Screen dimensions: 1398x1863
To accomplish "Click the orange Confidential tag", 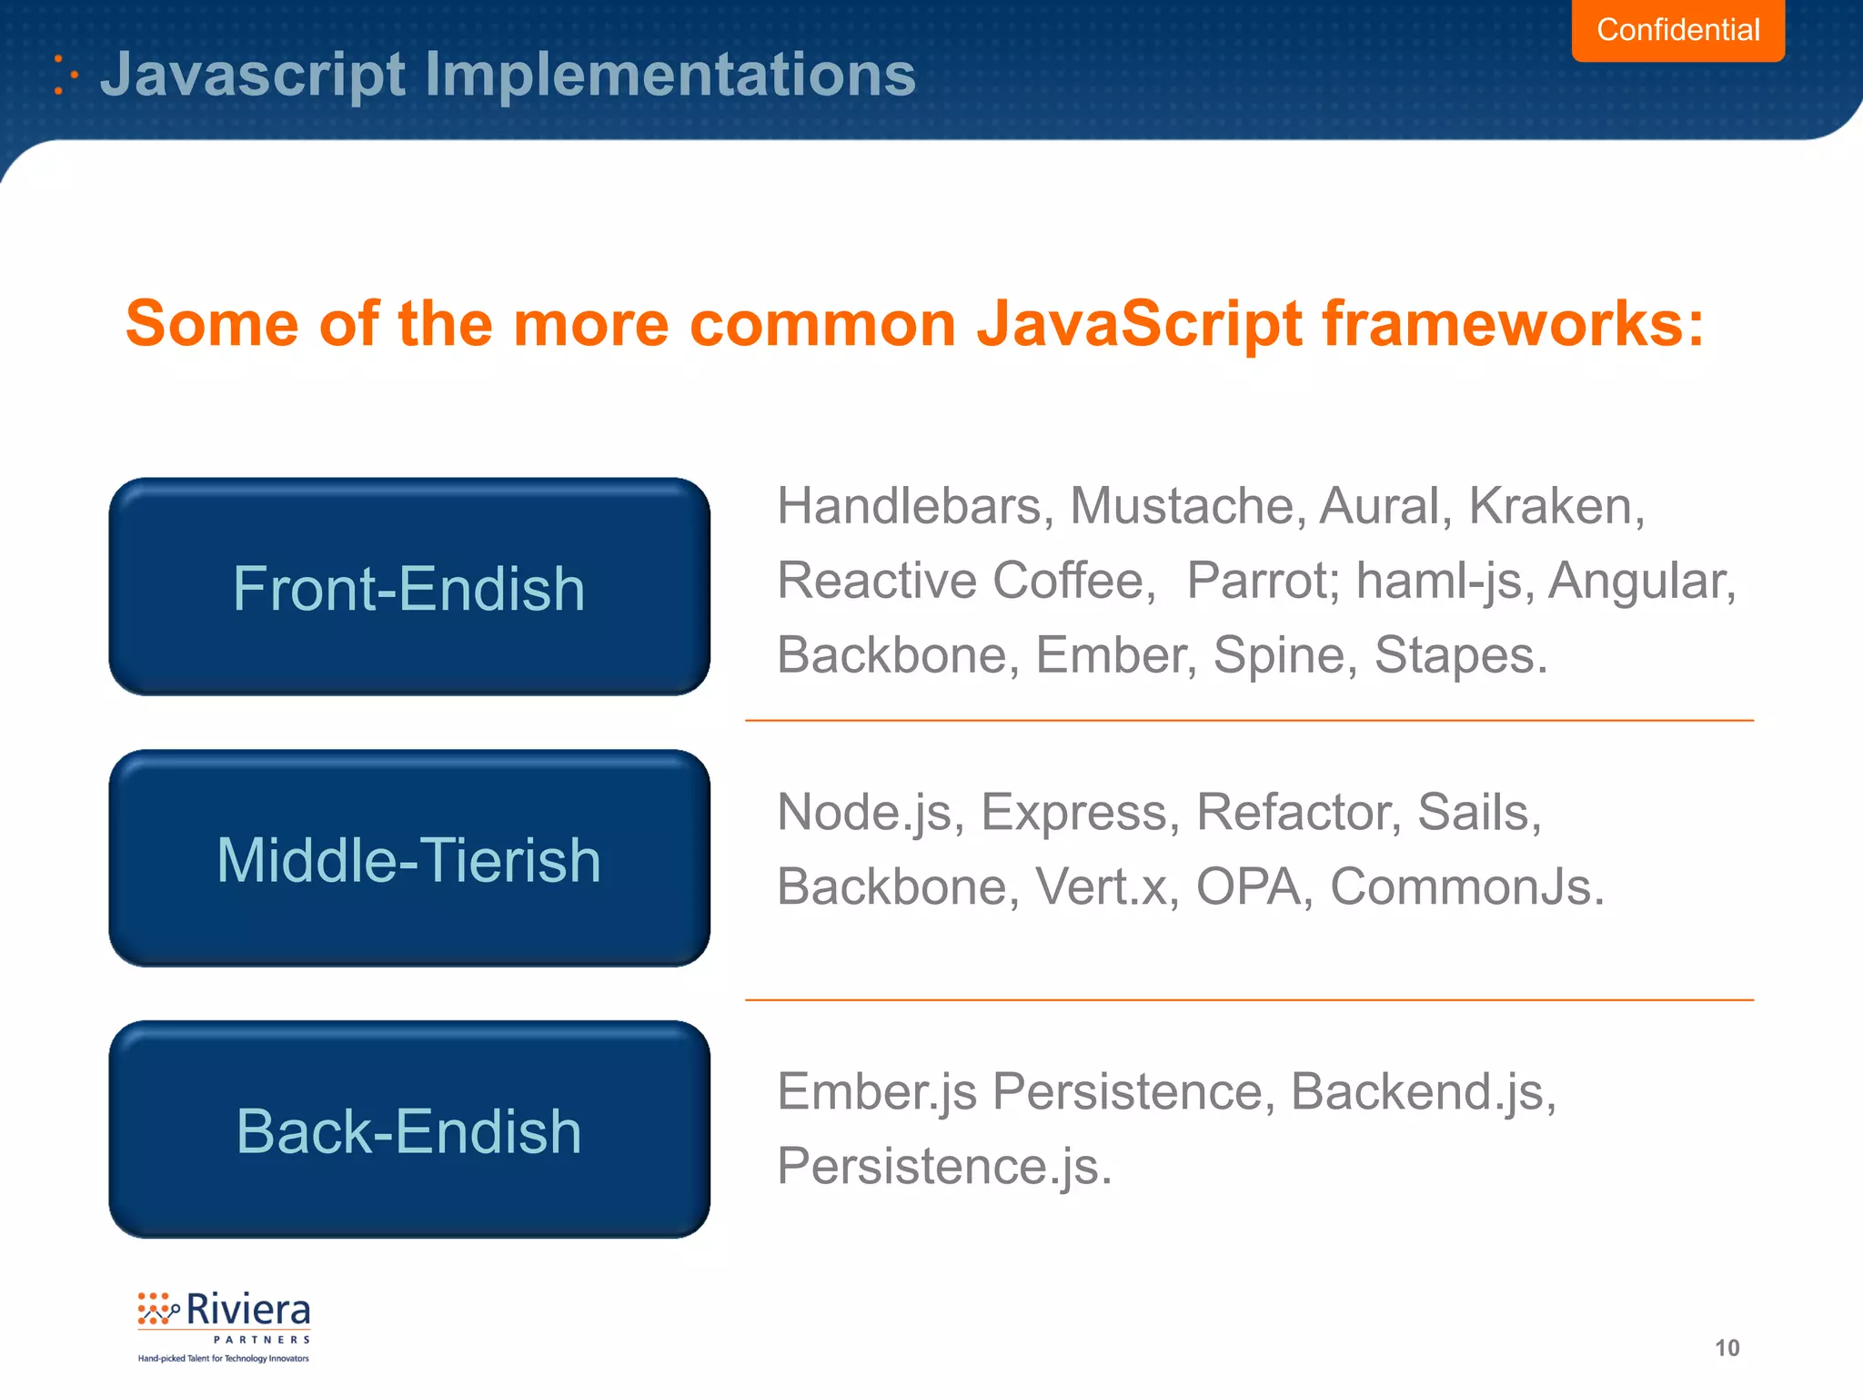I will pyautogui.click(x=1677, y=30).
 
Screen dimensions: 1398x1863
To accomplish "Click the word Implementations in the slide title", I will pyautogui.click(x=670, y=75).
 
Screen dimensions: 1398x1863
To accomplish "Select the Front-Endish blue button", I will pyautogui.click(x=409, y=587).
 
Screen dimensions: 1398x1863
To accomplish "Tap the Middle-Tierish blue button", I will pyautogui.click(x=409, y=858).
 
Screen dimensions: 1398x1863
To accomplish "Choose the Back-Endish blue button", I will pyautogui.click(x=409, y=1130).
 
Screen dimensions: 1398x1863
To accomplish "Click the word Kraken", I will pyautogui.click(x=1556, y=506).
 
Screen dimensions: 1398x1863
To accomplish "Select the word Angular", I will pyautogui.click(x=1641, y=581).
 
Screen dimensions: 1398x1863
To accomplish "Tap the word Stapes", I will pyautogui.click(x=1459, y=655).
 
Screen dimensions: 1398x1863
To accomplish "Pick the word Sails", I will pyautogui.click(x=1478, y=813).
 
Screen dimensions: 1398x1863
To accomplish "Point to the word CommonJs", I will pyautogui.click(x=1466, y=887).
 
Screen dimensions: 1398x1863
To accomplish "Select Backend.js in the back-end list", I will pyautogui.click(x=1423, y=1092).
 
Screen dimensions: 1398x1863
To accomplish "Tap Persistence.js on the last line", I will pyautogui.click(x=944, y=1167).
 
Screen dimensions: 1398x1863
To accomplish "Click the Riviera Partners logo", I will pyautogui.click(x=224, y=1325).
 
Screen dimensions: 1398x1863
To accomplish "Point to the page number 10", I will pyautogui.click(x=1727, y=1348).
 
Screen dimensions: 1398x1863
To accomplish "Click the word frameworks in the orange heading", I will pyautogui.click(x=1512, y=324).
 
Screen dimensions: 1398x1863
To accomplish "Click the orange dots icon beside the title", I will pyautogui.click(x=65, y=75).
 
